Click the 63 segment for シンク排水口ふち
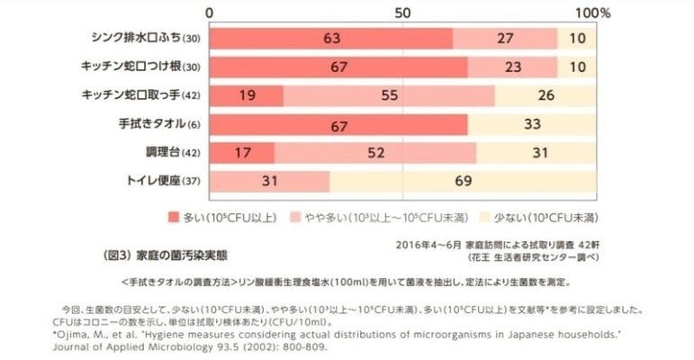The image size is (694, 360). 331,39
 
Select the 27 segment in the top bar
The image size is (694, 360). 505,39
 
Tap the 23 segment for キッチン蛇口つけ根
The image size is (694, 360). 512,67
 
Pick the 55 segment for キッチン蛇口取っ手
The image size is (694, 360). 390,95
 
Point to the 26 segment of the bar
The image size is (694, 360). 545,95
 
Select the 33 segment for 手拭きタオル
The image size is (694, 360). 532,124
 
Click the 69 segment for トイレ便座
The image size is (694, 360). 464,182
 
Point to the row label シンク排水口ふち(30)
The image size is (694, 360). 146,39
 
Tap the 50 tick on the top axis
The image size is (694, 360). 402,13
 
